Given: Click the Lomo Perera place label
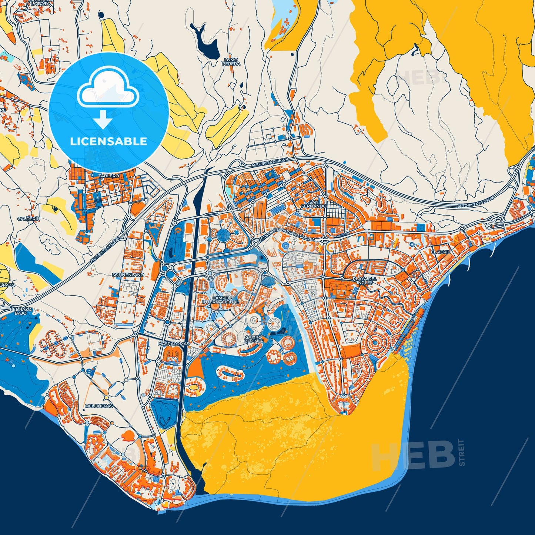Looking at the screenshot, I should [231, 62].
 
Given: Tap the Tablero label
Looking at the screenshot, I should [109, 175].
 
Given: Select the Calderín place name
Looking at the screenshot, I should [29, 219].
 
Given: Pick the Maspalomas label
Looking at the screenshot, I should [173, 344].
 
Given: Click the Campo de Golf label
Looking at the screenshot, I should [254, 339].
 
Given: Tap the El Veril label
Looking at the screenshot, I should [439, 252].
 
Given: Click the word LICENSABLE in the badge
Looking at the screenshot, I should [108, 141].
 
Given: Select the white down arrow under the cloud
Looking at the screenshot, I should [103, 120].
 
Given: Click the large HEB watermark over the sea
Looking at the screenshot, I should [413, 455].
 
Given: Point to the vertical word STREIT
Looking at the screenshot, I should [461, 452].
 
